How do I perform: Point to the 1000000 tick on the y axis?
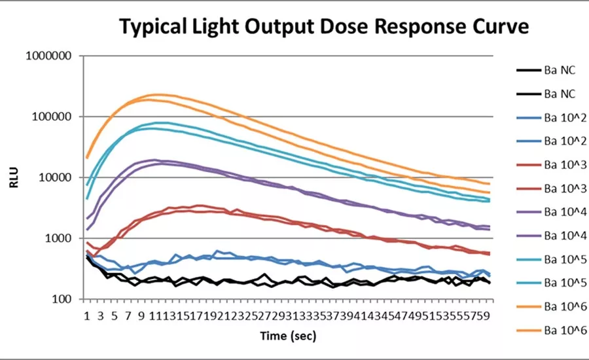[48, 56]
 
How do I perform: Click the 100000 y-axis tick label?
[52, 117]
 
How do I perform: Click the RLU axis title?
[14, 177]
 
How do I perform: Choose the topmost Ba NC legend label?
[559, 70]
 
